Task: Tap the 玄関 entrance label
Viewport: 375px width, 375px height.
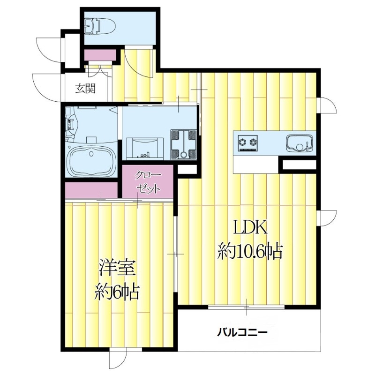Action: click(x=86, y=88)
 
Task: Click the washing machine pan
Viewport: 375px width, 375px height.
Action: click(x=184, y=144)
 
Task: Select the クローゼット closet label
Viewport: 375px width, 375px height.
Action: click(x=149, y=183)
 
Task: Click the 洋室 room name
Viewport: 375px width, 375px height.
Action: click(x=117, y=268)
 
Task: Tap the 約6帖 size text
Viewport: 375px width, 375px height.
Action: click(x=117, y=292)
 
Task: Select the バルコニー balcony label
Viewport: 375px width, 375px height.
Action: click(x=242, y=333)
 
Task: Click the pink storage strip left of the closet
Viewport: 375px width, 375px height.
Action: click(x=91, y=190)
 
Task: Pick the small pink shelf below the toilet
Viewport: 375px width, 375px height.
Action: click(x=100, y=55)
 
